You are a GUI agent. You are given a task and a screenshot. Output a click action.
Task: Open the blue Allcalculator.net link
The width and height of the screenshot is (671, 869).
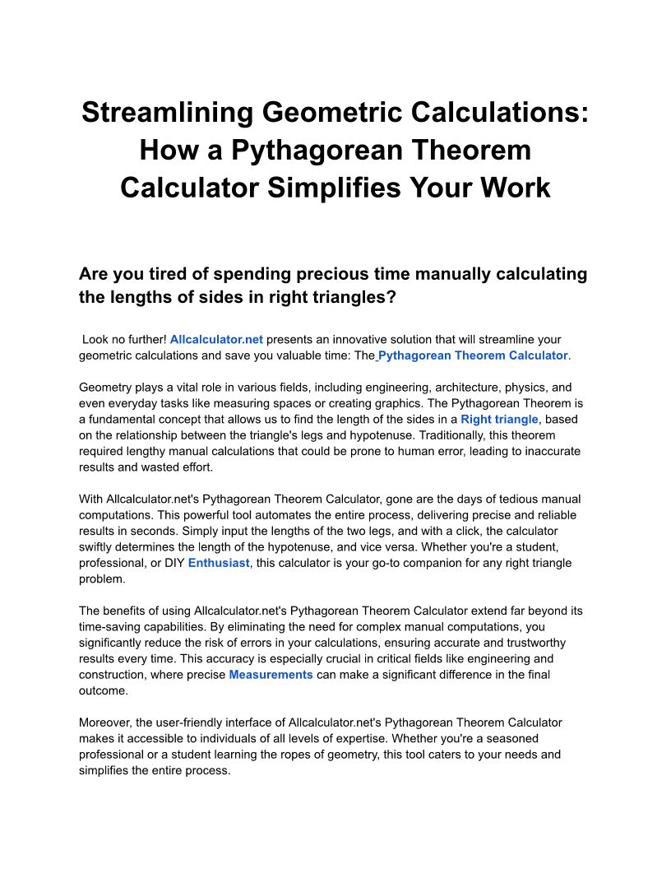pyautogui.click(x=216, y=339)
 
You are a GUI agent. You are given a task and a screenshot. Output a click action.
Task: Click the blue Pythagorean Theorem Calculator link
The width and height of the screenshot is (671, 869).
pyautogui.click(x=473, y=355)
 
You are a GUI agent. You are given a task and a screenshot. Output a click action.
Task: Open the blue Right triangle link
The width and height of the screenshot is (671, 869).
pyautogui.click(x=499, y=419)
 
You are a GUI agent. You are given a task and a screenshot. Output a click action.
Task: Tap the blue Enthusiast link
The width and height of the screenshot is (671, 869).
pyautogui.click(x=219, y=563)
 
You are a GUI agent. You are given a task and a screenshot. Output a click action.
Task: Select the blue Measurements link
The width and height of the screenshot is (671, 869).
pyautogui.click(x=271, y=675)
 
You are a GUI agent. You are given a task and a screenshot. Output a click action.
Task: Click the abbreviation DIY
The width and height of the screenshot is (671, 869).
pyautogui.click(x=173, y=563)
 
